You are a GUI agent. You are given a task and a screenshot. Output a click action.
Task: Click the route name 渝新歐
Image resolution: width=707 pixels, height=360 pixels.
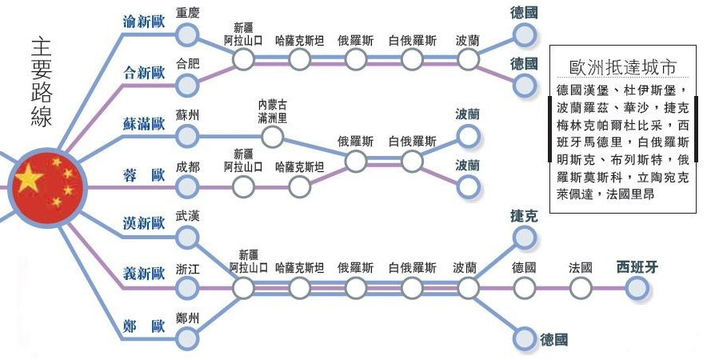coord(144,22)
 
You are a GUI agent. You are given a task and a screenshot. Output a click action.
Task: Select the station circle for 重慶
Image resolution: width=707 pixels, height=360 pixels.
coord(186,34)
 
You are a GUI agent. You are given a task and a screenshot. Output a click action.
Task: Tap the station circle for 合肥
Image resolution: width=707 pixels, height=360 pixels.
coord(186,86)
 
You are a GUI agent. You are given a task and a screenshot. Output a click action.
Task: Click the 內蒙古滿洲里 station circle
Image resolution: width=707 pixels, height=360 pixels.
coord(273,137)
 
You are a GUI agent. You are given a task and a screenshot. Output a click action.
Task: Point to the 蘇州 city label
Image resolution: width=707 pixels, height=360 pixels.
coord(188,115)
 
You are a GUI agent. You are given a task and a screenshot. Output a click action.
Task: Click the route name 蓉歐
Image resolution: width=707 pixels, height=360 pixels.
coord(144,175)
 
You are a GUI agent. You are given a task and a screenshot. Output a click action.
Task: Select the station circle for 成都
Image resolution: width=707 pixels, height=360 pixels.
coord(186,186)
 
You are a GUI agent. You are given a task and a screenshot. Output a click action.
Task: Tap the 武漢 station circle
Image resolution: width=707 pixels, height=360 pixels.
coord(186,238)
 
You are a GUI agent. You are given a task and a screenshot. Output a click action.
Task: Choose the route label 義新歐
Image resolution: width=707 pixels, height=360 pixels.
coord(144,273)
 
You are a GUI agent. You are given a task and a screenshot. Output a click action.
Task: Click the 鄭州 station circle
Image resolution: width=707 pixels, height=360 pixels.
coord(186,338)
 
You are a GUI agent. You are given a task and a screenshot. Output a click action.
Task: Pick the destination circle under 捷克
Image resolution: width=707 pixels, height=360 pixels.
coord(524,238)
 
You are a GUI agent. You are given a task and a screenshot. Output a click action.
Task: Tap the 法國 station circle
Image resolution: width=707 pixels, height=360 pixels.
coord(581,288)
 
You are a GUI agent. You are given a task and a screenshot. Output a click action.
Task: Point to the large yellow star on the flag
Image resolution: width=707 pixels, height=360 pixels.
coord(29,178)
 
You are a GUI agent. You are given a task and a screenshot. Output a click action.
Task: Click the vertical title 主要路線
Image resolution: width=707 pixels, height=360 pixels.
coord(42,82)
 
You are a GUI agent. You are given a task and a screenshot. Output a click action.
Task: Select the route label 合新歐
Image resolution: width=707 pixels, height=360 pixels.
coord(144,73)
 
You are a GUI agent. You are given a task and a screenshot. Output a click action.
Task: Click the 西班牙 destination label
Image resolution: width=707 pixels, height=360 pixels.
coord(637,267)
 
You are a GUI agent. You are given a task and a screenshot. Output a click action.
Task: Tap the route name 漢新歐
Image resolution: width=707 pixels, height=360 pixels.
coord(144,223)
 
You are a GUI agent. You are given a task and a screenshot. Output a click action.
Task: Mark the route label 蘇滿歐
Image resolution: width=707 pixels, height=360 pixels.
coord(144,124)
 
